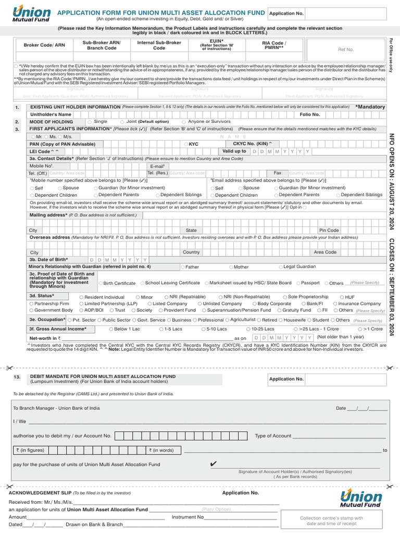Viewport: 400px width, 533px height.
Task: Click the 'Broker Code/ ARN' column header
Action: pyautogui.click(x=44, y=45)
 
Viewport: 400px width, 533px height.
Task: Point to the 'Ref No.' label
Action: pyautogui.click(x=346, y=49)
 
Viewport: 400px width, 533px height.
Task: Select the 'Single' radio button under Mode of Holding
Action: pyautogui.click(x=90, y=122)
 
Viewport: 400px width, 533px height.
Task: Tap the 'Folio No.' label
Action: pyautogui.click(x=309, y=114)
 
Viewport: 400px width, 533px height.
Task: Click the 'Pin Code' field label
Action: pyautogui.click(x=329, y=230)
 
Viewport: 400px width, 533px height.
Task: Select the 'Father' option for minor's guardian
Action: pyautogui.click(x=182, y=267)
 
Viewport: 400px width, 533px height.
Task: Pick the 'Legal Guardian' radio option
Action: pyautogui.click(x=281, y=267)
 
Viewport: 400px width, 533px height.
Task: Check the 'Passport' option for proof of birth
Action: pyautogui.click(x=298, y=283)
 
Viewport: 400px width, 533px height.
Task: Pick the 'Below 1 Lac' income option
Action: pyautogui.click(x=111, y=329)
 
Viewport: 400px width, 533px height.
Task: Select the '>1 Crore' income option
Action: pyautogui.click(x=360, y=329)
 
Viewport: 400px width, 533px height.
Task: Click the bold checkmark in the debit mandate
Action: pyautogui.click(x=213, y=464)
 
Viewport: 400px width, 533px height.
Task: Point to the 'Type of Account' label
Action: pyautogui.click(x=273, y=436)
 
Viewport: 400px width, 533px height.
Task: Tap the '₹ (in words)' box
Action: pyautogui.click(x=161, y=450)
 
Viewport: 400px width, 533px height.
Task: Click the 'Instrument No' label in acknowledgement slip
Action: pyautogui.click(x=187, y=517)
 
